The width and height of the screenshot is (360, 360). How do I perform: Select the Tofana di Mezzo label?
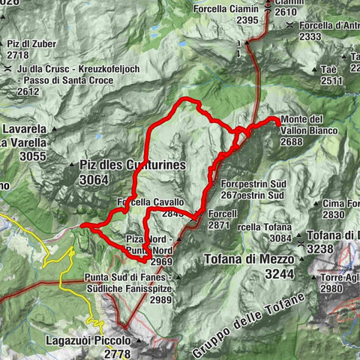250,260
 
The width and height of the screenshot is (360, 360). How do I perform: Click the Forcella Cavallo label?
150,202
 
